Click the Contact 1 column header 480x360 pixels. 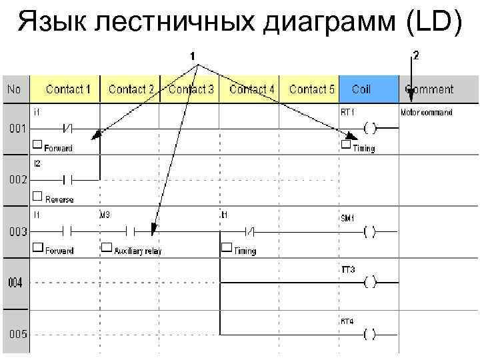(x=68, y=89)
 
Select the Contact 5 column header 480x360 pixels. (x=311, y=89)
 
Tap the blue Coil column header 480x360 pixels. (x=361, y=89)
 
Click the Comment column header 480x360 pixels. (x=429, y=89)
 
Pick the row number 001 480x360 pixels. (x=18, y=129)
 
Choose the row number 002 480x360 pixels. (x=18, y=180)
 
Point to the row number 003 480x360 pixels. (x=18, y=232)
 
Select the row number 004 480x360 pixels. (x=15, y=283)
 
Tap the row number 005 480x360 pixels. (x=18, y=334)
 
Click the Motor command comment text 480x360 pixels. (x=426, y=112)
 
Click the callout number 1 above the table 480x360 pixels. (x=193, y=57)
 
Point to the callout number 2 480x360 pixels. (x=416, y=55)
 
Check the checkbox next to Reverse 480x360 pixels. (x=37, y=196)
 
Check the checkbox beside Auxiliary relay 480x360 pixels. (x=106, y=248)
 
